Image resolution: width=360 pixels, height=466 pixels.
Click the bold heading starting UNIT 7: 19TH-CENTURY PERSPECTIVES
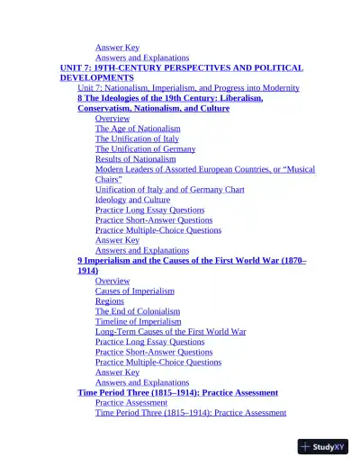click(x=181, y=67)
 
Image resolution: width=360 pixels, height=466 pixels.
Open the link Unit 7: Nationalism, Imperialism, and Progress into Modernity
click(x=188, y=88)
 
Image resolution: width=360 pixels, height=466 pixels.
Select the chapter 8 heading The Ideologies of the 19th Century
click(x=170, y=98)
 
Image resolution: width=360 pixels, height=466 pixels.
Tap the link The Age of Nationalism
click(x=138, y=129)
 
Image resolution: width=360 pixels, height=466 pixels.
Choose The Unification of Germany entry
click(x=145, y=148)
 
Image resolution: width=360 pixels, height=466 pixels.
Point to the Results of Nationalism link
click(x=136, y=159)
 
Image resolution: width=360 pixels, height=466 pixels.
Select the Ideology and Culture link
click(x=132, y=200)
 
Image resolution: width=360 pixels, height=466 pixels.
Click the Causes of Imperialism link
click(x=135, y=291)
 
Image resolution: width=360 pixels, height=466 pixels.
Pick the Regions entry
click(x=110, y=301)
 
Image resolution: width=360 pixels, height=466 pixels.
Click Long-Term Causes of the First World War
click(x=170, y=331)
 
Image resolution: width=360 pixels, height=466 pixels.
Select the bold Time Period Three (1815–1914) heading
click(x=177, y=392)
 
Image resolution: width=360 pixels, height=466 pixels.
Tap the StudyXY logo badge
click(x=323, y=446)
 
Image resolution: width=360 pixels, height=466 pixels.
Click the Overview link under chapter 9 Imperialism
click(x=112, y=281)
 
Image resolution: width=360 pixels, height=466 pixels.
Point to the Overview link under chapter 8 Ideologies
click(x=112, y=119)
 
